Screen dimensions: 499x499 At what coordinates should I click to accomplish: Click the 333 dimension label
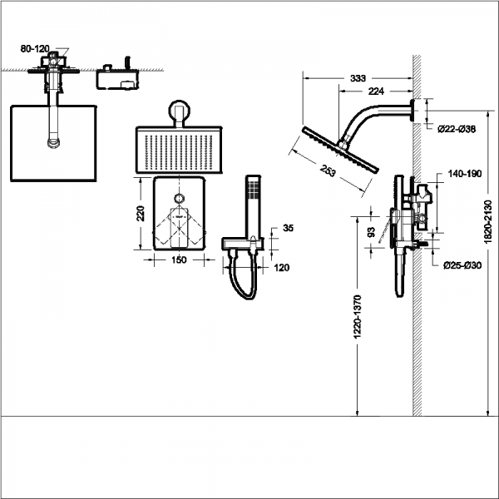[358, 77]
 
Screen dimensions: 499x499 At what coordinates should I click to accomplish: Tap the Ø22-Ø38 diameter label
[457, 129]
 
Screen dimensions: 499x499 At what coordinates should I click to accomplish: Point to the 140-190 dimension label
[463, 175]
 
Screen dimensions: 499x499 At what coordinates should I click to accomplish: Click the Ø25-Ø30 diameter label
[462, 265]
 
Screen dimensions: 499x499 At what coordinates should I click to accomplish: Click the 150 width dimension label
[178, 260]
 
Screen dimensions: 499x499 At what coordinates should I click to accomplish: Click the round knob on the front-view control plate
[178, 199]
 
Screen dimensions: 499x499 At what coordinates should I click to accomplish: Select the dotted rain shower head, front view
[180, 150]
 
